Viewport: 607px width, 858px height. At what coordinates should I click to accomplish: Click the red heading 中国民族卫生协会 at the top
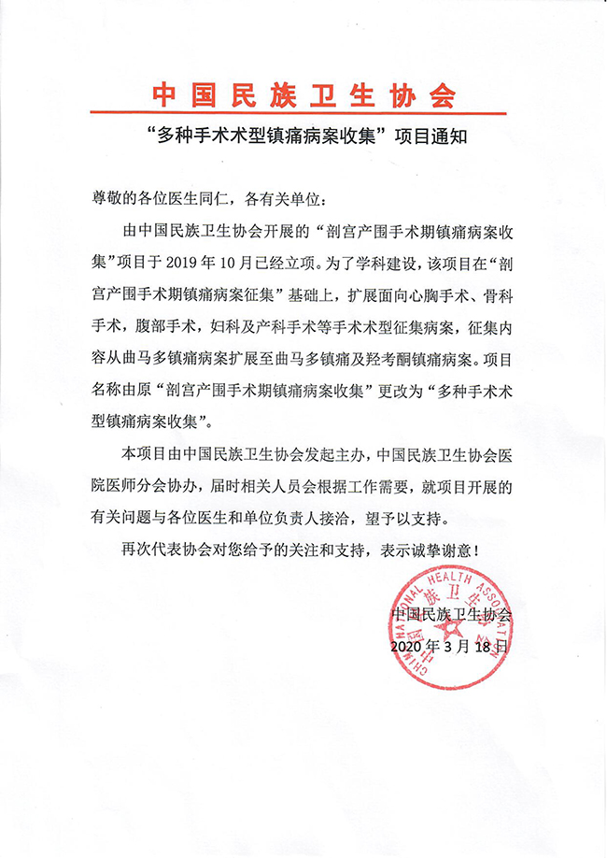pyautogui.click(x=303, y=94)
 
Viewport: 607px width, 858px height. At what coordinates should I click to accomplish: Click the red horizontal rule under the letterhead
pyautogui.click(x=303, y=114)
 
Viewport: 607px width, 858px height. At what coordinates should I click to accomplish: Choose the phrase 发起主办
pyautogui.click(x=337, y=454)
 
